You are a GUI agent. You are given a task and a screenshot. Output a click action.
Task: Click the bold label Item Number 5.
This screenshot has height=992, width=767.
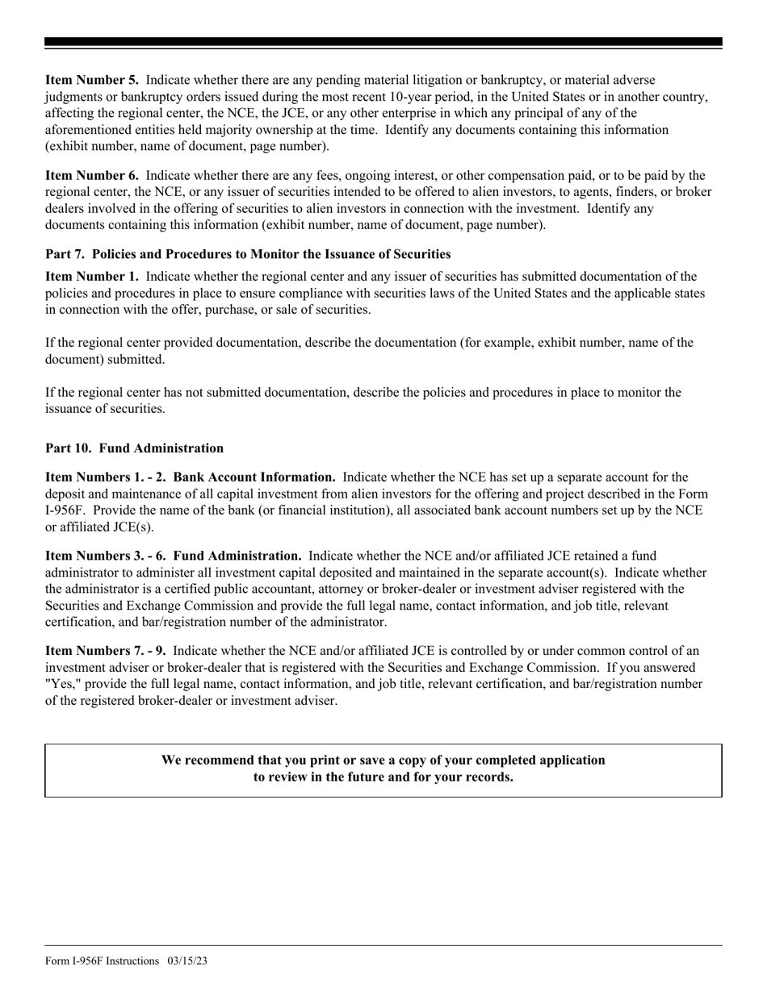pos(91,80)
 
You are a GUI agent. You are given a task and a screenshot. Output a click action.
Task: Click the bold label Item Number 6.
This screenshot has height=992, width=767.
pos(91,175)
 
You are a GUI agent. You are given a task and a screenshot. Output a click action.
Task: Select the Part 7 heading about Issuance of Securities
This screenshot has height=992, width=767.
pos(248,254)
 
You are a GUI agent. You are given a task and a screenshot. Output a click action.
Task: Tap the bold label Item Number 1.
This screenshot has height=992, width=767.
pos(91,277)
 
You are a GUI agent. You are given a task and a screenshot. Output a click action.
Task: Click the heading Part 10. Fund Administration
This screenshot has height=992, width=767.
pos(134,448)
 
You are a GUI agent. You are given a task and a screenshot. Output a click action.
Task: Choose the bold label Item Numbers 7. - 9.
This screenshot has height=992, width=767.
pos(105,651)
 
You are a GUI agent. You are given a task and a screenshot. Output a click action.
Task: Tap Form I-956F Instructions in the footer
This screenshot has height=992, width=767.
pos(103,961)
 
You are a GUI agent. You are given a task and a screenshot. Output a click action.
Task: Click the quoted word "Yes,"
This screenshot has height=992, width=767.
pos(63,685)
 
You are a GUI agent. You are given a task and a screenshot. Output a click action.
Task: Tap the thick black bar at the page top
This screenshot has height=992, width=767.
pos(383,42)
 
